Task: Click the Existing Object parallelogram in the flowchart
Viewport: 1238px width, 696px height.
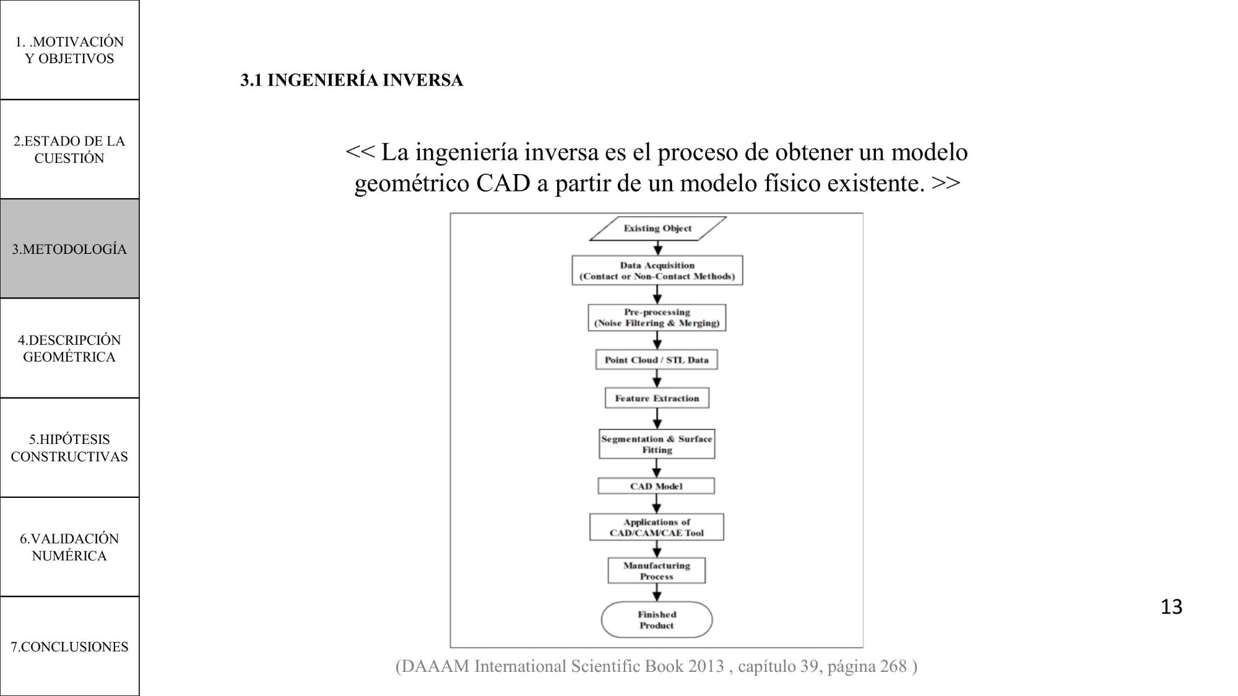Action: (x=657, y=228)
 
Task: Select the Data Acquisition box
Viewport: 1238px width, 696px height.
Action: (x=657, y=271)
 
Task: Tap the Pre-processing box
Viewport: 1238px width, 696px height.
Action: (x=657, y=318)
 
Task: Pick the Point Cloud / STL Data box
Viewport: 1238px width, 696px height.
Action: (x=657, y=360)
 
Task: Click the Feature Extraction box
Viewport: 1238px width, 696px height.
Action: (x=657, y=398)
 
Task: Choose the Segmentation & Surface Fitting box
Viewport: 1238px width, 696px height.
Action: (x=657, y=444)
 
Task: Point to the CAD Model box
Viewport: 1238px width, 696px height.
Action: (x=656, y=486)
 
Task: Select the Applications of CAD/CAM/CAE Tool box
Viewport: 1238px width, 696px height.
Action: (x=657, y=527)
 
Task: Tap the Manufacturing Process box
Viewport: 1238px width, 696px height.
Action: (x=657, y=570)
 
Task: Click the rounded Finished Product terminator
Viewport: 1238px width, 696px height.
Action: (x=657, y=620)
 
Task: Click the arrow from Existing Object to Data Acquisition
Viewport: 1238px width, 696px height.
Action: (x=657, y=248)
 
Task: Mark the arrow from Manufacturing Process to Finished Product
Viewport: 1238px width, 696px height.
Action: (x=657, y=593)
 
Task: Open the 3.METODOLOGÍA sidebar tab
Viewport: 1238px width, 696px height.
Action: (x=69, y=249)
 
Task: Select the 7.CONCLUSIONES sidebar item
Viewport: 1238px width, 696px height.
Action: (x=69, y=646)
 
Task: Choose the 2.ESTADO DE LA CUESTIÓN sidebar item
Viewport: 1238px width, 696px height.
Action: (x=69, y=149)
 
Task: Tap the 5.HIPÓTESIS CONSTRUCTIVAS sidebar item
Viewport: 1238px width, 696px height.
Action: (x=69, y=448)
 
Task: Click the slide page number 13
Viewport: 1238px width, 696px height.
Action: (x=1171, y=607)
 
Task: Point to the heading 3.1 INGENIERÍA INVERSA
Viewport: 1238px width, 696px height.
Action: (x=352, y=80)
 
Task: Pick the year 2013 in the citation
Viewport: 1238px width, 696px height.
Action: (x=706, y=666)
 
